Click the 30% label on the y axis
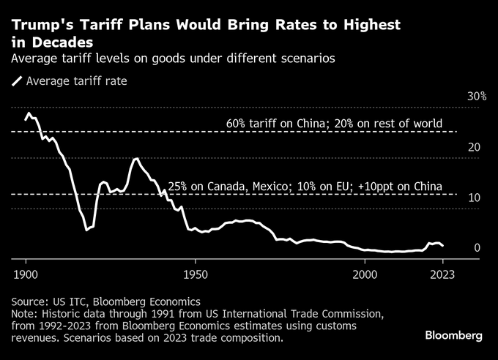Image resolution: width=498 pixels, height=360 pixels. (477, 97)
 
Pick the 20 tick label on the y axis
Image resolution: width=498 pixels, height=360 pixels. (475, 147)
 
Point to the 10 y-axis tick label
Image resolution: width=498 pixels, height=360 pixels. (475, 198)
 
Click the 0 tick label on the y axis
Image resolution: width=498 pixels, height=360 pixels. (477, 248)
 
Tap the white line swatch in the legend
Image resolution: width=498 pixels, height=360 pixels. (16, 81)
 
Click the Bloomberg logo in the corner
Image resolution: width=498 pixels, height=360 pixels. (454, 335)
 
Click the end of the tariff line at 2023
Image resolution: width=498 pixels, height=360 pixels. (443, 246)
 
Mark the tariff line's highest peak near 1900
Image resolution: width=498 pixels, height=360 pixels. (29, 113)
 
